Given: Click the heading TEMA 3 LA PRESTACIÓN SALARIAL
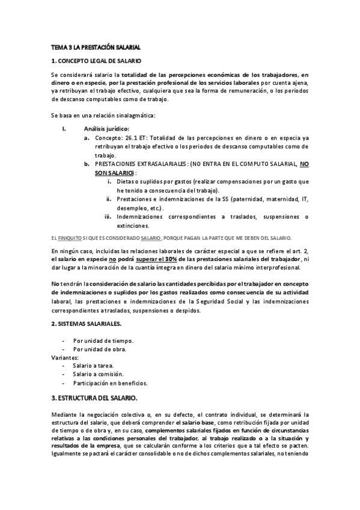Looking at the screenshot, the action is coord(96,46).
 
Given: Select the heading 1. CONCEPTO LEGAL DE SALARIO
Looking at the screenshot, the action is coord(96,61).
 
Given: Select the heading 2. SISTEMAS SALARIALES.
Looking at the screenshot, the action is coord(86,324).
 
